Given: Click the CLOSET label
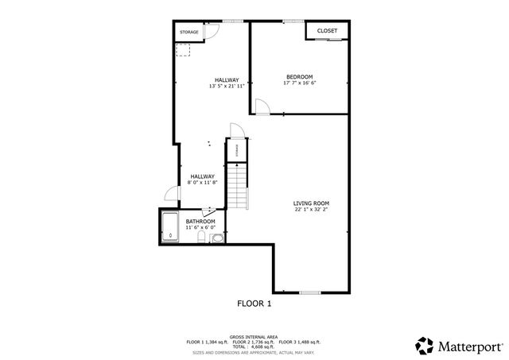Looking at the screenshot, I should pyautogui.click(x=327, y=31).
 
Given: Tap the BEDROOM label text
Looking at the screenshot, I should pyautogui.click(x=300, y=76).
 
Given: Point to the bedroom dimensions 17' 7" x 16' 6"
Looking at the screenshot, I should pyautogui.click(x=300, y=83).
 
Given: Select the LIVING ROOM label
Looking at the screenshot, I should pyautogui.click(x=311, y=203).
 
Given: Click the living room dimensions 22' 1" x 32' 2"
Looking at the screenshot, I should pyautogui.click(x=311, y=209).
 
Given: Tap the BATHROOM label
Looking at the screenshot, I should pyautogui.click(x=200, y=221).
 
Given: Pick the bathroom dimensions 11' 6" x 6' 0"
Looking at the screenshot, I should pyautogui.click(x=200, y=227).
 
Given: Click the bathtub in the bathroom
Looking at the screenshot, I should pyautogui.click(x=169, y=226).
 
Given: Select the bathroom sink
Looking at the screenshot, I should pyautogui.click(x=205, y=210).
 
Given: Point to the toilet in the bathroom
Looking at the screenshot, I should pyautogui.click(x=217, y=237).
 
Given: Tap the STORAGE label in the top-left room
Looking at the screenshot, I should pyautogui.click(x=188, y=32).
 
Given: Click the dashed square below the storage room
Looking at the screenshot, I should pyautogui.click(x=184, y=49).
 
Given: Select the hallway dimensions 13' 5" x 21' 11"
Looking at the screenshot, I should pyautogui.click(x=227, y=86).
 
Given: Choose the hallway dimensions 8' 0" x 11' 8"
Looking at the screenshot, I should pyautogui.click(x=202, y=183).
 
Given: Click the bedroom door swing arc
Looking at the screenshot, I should pyautogui.click(x=259, y=107).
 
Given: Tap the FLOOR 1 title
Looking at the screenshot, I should pyautogui.click(x=254, y=304).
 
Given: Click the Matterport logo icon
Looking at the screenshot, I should pyautogui.click(x=424, y=346).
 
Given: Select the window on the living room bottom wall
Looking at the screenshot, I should pyautogui.click(x=310, y=292).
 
